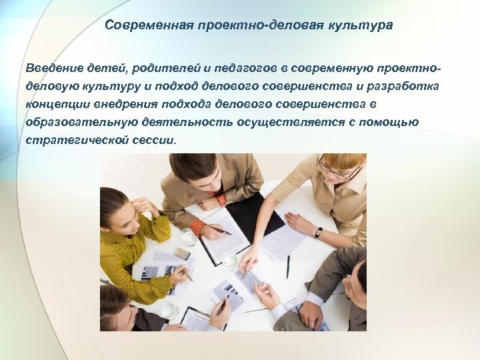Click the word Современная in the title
pyautogui.click(x=141, y=26)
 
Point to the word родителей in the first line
pyautogui.click(x=163, y=69)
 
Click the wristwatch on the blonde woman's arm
pyautogui.click(x=319, y=232)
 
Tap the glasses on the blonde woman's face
pyautogui.click(x=337, y=171)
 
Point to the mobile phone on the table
pyautogui.click(x=182, y=254)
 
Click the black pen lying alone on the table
pyautogui.click(x=288, y=267)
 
